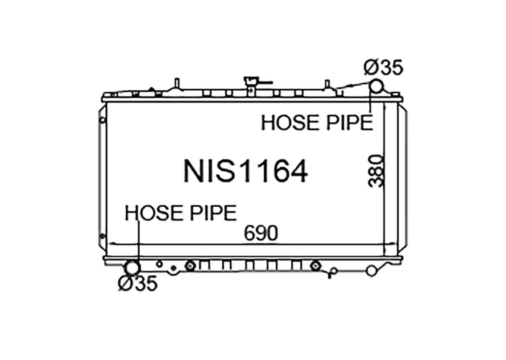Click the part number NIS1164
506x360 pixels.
coord(246,171)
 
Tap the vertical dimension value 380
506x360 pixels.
coord(376,171)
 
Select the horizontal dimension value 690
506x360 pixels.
coord(261,233)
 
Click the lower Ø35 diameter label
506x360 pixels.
coord(138,283)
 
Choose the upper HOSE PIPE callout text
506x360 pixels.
coord(317,123)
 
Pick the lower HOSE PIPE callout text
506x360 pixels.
coord(181,213)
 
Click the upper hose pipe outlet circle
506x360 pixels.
coord(376,86)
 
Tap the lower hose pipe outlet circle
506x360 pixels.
coord(133,267)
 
